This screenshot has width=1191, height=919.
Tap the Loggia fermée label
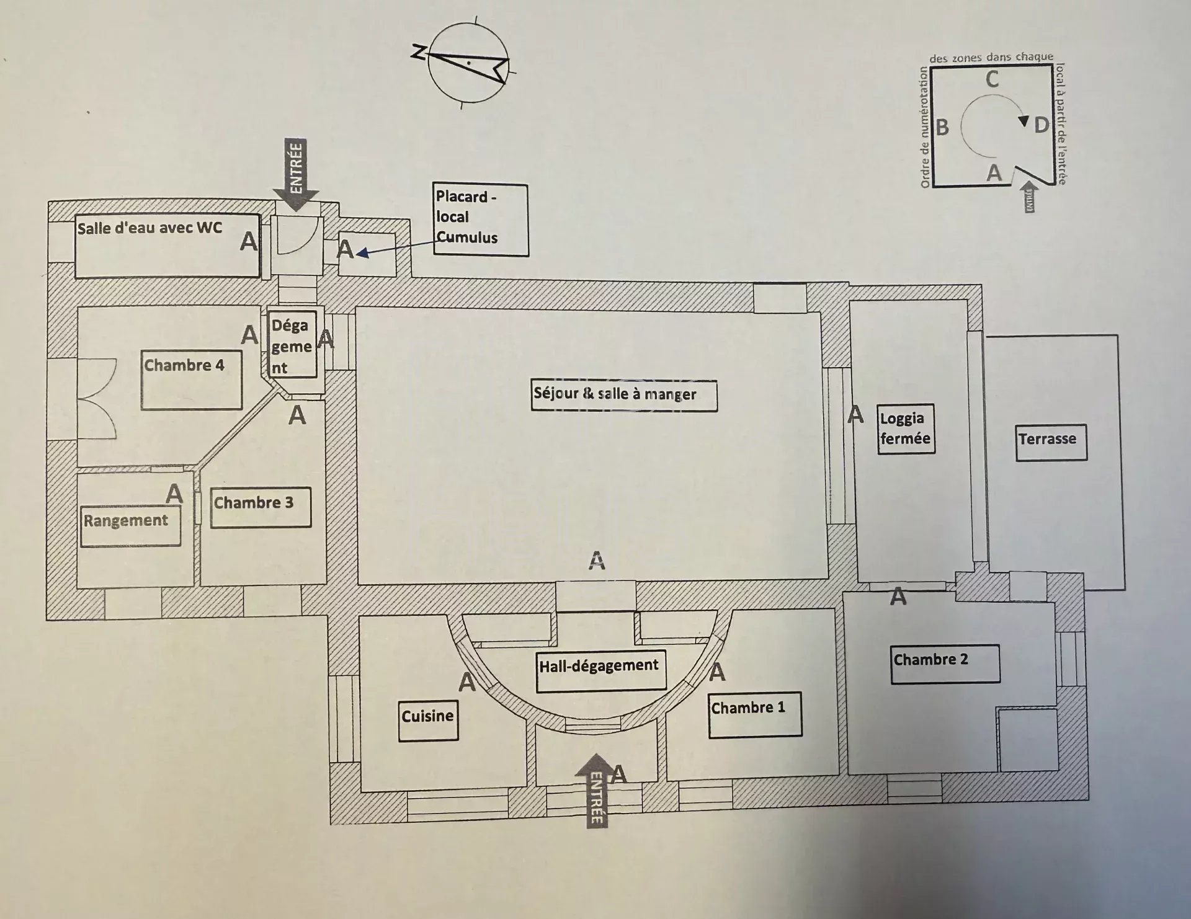[906, 429]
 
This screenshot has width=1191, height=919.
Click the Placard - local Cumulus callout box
[481, 220]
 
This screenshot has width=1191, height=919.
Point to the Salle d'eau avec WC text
[149, 228]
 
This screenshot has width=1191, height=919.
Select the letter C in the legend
[992, 79]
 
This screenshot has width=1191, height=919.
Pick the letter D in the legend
[1041, 125]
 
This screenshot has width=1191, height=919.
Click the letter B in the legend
[942, 127]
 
